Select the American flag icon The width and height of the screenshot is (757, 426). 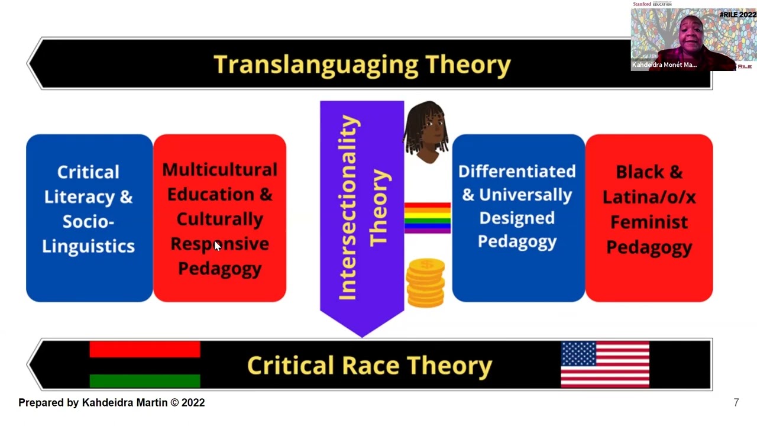coord(605,364)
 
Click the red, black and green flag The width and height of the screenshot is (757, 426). coord(145,364)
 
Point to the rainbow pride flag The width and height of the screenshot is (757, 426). coord(427,217)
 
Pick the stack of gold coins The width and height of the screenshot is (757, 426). coord(425,283)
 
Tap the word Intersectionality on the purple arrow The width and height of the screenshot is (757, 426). coord(348,207)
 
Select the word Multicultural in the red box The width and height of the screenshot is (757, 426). coord(219,170)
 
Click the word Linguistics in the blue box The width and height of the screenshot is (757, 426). coord(88,246)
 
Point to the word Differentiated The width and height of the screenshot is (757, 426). coord(517,172)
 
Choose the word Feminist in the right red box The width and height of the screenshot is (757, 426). coord(649,222)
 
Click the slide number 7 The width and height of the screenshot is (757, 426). coord(736,403)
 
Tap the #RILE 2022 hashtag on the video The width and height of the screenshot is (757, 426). coord(737,15)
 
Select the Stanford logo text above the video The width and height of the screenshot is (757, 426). coord(642,4)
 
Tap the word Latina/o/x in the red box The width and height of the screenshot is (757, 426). coord(649,196)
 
